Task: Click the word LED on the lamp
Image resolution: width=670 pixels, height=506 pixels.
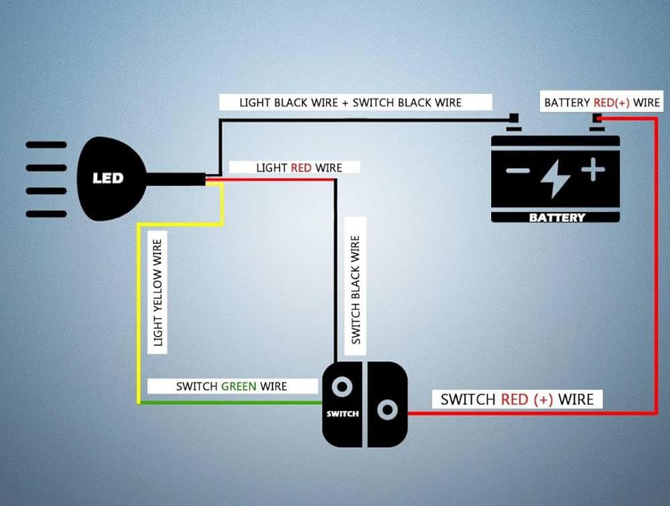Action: click(108, 178)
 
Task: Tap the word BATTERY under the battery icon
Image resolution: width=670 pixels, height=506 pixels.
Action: click(557, 217)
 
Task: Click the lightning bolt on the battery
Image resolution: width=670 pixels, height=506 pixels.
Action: click(555, 177)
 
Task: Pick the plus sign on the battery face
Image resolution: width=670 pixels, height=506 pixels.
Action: click(593, 170)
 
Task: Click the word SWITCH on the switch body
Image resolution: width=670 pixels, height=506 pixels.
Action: click(342, 414)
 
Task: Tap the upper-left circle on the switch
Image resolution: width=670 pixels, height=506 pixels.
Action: click(343, 387)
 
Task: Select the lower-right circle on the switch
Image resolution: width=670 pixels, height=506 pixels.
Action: click(387, 409)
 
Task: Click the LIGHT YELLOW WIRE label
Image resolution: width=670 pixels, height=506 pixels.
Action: click(158, 290)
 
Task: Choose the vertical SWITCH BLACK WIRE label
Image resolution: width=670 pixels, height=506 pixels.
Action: click(356, 290)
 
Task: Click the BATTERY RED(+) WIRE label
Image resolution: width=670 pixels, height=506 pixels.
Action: click(602, 103)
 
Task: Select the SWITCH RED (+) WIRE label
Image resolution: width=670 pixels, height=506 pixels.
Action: click(517, 399)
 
